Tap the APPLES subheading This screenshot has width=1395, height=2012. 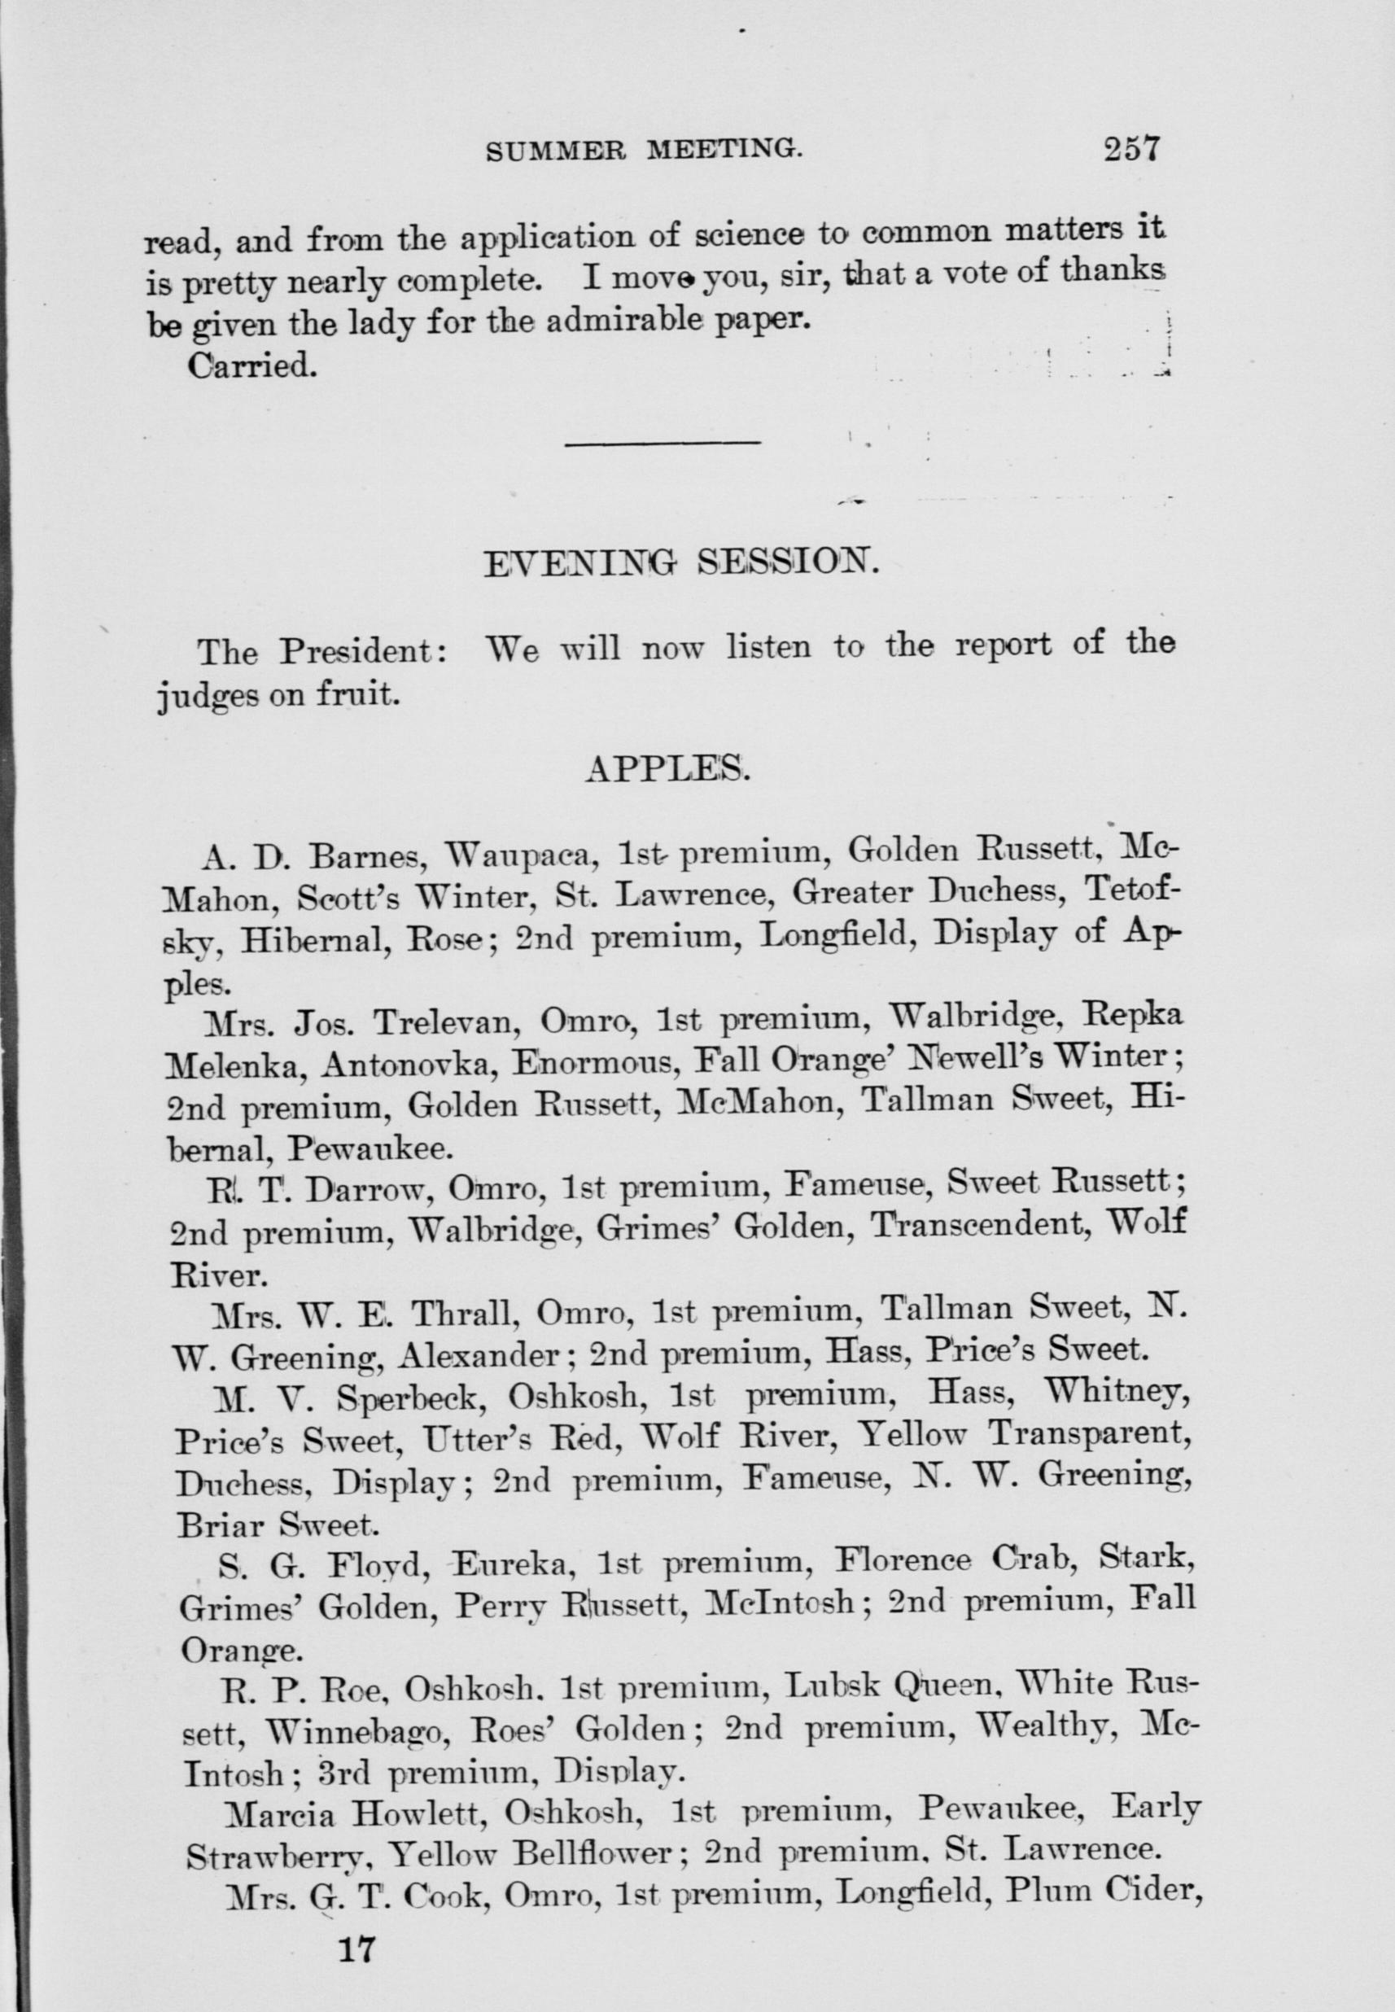667,768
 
